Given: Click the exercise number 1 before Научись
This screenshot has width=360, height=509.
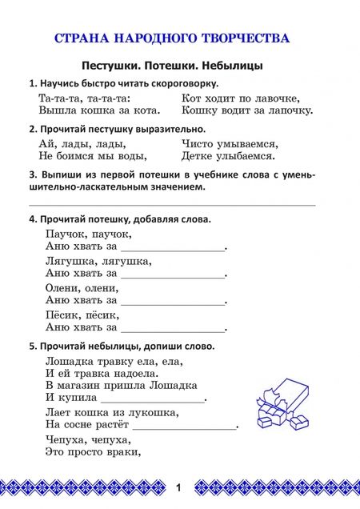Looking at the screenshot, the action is pos(31,83).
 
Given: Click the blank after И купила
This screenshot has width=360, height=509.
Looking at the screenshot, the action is pos(152,399).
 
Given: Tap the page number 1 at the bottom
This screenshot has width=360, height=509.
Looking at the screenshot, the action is pos(179,487).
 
